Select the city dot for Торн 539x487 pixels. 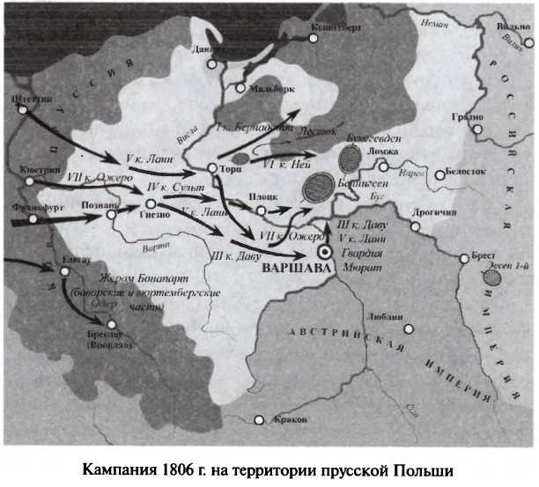click(x=212, y=167)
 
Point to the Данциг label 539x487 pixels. click(x=205, y=49)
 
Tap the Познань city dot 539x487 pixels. click(x=112, y=212)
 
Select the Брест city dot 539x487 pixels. click(x=464, y=258)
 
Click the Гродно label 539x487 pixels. click(x=472, y=117)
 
